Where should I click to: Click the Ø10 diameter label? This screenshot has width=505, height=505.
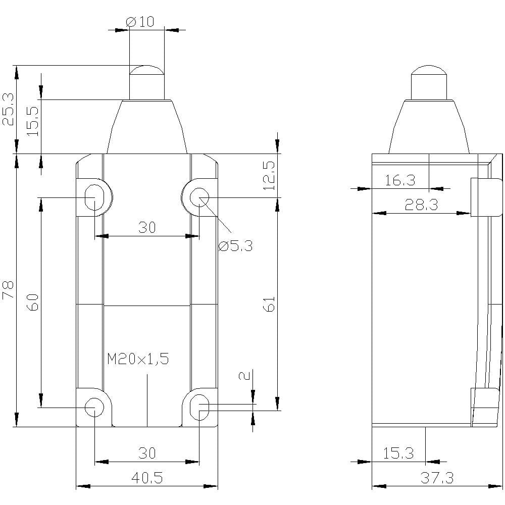140,22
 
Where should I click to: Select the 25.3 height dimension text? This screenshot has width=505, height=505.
9,109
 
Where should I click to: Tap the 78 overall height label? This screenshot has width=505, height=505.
8,290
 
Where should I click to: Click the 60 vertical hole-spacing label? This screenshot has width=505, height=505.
33,302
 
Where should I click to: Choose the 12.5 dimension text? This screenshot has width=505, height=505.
269,176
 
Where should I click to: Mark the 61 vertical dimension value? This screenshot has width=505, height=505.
269,304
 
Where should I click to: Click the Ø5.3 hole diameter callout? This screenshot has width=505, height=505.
235,246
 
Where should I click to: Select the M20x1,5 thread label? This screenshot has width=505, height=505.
138,359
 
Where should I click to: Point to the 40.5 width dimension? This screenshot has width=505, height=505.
147,478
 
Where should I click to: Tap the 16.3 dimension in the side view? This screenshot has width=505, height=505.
400,180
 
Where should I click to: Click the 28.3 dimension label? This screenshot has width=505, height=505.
421,205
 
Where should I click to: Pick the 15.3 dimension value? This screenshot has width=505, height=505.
398,453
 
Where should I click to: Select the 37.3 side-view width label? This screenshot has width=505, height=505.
437,478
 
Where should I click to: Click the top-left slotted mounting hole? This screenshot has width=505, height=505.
94,197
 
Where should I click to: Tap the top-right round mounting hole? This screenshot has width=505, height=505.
199,197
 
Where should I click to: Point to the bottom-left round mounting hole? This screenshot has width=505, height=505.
94,408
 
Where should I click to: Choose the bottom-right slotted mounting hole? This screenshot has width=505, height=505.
199,408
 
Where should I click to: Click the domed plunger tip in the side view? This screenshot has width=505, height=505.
429,70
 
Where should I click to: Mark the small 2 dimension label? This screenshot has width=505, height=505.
246,376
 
